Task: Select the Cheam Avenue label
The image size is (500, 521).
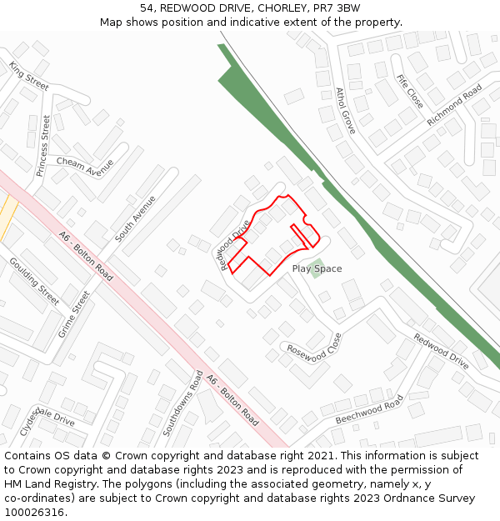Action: tap(85, 167)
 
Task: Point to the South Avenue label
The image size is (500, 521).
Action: tap(135, 218)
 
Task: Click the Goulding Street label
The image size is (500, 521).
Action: tap(34, 281)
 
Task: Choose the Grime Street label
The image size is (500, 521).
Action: tap(73, 313)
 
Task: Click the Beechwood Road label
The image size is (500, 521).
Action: tap(368, 409)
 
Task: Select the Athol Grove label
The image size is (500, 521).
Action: tap(346, 111)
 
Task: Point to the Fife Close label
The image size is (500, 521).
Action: tap(410, 91)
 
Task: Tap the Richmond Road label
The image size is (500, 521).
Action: tap(455, 105)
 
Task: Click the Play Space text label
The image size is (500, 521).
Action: tap(317, 268)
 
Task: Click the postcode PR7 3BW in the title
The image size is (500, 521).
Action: tap(337, 8)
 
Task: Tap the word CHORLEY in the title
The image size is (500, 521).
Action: tap(283, 8)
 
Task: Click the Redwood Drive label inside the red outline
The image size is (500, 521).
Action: tap(235, 245)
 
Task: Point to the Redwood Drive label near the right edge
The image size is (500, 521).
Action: tap(441, 352)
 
